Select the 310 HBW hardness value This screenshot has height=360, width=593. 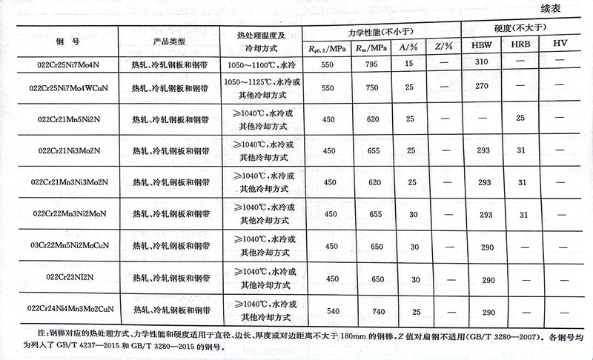point(482,63)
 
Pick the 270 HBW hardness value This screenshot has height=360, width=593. point(482,87)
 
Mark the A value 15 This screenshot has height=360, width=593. point(408,64)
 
